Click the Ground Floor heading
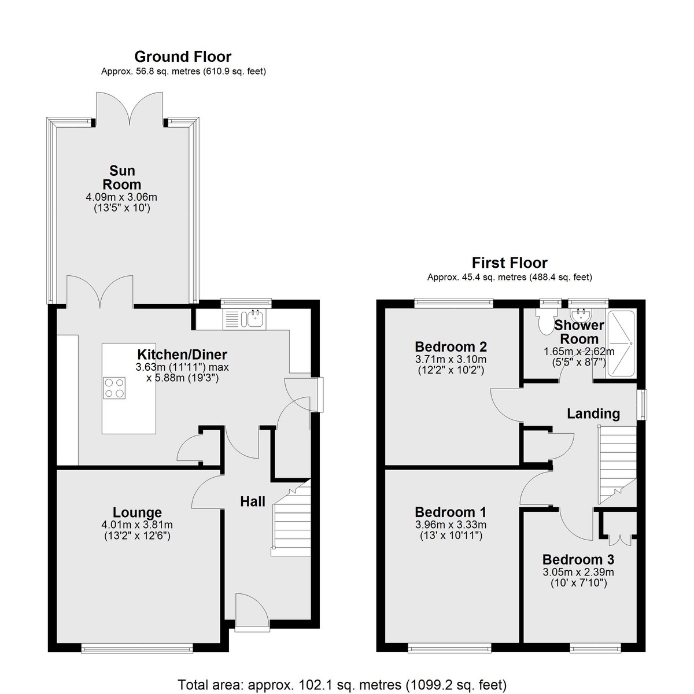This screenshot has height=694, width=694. click(183, 57)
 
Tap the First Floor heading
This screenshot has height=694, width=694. click(510, 263)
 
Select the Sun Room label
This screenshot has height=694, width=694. click(122, 177)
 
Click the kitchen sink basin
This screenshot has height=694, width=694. click(256, 318)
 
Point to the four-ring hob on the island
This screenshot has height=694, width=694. click(115, 388)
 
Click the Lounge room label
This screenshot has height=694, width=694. click(137, 512)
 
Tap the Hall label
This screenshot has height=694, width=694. click(253, 501)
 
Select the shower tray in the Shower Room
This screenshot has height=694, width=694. click(621, 344)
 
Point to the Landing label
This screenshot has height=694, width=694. click(593, 414)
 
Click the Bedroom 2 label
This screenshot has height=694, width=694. click(451, 346)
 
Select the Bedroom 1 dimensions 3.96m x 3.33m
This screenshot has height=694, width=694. click(451, 525)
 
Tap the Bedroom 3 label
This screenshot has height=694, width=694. click(578, 559)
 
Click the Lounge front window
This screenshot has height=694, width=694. click(137, 649)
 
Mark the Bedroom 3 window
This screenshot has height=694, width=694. click(595, 649)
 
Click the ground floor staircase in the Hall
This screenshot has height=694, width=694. click(291, 519)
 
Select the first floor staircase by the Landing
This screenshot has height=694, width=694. click(617, 464)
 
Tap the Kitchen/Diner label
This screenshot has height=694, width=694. click(182, 355)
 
